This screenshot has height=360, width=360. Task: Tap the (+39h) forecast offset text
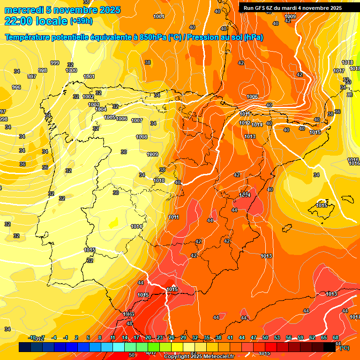tap(81, 21)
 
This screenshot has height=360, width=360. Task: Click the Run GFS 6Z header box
tap(292, 8)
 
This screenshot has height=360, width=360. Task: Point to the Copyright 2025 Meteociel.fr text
tap(199, 357)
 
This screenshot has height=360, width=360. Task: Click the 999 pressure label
tap(55, 63)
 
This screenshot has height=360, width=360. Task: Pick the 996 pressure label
tap(16, 87)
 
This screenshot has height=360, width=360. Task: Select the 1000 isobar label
tap(71, 70)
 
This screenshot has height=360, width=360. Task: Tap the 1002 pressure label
tap(88, 97)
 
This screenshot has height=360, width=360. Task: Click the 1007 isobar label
tap(137, 120)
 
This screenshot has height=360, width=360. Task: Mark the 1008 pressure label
tap(142, 137)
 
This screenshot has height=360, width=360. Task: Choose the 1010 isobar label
tap(159, 180)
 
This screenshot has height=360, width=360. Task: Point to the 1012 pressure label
tap(245, 123)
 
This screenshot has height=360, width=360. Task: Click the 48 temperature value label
tap(129, 323)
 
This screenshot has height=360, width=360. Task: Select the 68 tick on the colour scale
tap(336, 337)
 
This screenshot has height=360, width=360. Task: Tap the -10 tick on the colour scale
tap(32, 337)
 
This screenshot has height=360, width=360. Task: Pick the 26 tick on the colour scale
tap(171, 337)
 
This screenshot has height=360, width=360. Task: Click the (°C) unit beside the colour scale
tap(345, 348)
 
